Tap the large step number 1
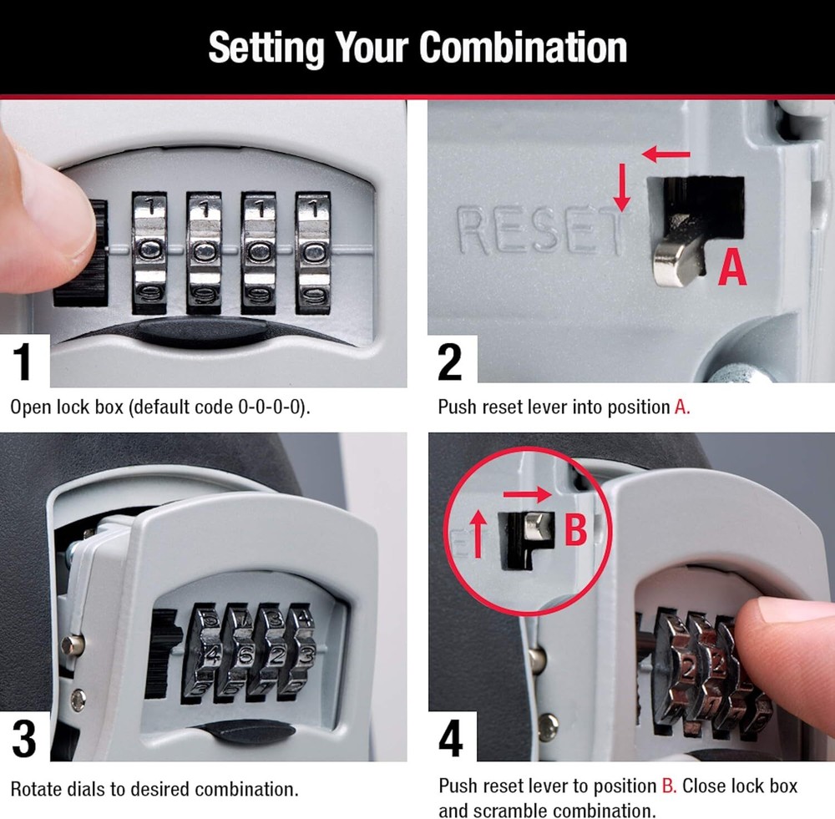tap(23, 361)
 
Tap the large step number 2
tap(450, 361)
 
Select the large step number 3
tap(23, 740)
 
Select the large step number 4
tap(450, 740)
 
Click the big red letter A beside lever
tap(732, 268)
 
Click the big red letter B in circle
tap(576, 529)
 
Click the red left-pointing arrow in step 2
tap(666, 154)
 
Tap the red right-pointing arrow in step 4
tap(527, 493)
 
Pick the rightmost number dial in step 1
tap(313, 251)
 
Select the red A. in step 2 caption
tap(681, 408)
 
